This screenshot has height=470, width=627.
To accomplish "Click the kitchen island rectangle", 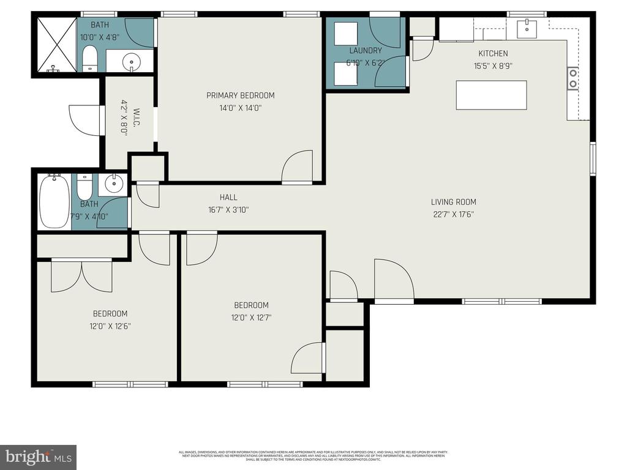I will [x=491, y=95].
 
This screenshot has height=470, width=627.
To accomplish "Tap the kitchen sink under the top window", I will [x=527, y=28].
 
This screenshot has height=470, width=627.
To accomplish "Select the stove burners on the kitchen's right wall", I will [x=574, y=78].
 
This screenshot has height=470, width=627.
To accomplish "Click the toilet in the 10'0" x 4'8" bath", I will [x=90, y=59].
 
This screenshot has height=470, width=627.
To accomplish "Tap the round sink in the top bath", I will [x=130, y=61].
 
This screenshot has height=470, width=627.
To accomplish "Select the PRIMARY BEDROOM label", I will [x=240, y=95].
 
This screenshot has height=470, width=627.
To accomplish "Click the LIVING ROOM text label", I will [x=453, y=202].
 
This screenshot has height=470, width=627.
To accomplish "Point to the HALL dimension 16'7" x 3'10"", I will [x=228, y=209].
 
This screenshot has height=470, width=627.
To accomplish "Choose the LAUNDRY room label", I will [x=366, y=51].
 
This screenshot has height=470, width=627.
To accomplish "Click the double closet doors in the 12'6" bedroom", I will [x=81, y=276].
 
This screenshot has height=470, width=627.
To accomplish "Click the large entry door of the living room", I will [x=394, y=280].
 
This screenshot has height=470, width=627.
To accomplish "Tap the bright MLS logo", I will [x=38, y=457].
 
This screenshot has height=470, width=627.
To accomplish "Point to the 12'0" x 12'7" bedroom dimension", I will [x=251, y=318].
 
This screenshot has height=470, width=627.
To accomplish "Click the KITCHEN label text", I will [x=493, y=54].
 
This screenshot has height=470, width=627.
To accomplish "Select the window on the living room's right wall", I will [x=593, y=159].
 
